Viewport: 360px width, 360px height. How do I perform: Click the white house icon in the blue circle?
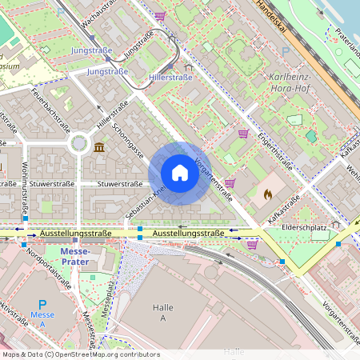[180, 173]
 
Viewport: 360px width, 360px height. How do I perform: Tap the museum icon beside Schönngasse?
[98, 148]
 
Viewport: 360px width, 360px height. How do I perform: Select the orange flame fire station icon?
[268, 194]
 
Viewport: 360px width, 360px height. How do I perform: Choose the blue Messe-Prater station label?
[75, 256]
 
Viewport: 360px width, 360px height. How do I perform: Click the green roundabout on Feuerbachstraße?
[79, 144]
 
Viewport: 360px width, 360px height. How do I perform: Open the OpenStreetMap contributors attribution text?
[80, 354]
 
